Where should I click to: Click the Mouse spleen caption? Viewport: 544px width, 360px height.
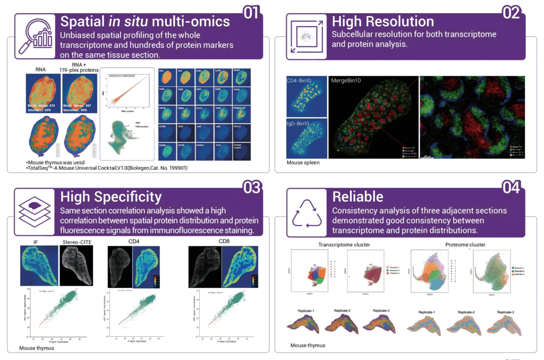pyautogui.click(x=303, y=162)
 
